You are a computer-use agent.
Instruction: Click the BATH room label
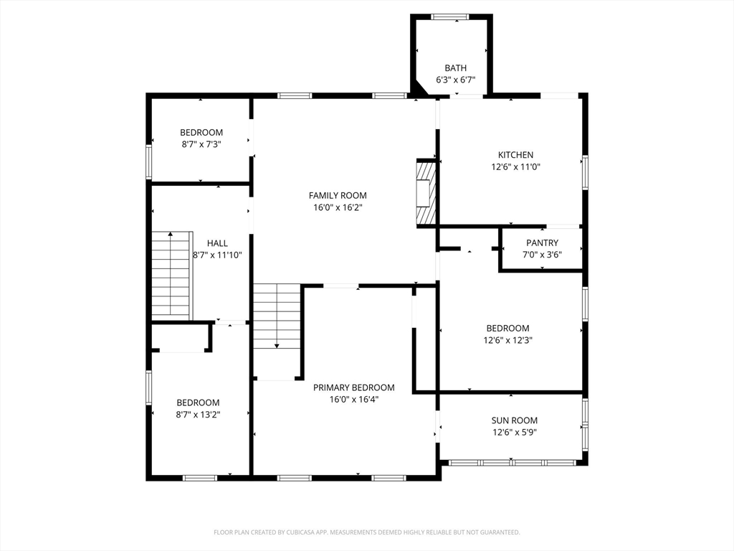coord(455,68)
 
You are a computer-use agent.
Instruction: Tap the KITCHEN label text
coord(515,155)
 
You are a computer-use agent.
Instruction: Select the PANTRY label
coord(542,242)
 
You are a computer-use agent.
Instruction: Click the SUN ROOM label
coord(515,420)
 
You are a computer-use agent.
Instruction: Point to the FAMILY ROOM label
coord(338,195)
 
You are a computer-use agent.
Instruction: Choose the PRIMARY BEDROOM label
coord(354,387)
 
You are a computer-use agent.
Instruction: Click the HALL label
coord(217,243)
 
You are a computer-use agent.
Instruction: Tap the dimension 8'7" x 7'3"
coord(201,144)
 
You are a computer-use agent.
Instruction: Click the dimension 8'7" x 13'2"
coord(198,414)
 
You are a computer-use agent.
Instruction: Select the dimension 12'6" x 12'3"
coord(508,340)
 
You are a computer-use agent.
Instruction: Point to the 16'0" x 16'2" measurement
coord(338,207)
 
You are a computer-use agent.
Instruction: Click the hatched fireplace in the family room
coord(426,194)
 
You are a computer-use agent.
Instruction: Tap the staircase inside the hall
coord(172,275)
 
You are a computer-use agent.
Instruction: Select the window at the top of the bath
coord(450,17)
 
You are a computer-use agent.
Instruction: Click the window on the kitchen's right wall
coord(585,172)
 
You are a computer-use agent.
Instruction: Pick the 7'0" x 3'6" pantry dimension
coord(542,255)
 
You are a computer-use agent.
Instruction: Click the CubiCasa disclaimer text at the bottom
coord(367,532)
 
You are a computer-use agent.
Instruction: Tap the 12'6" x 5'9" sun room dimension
coord(515,432)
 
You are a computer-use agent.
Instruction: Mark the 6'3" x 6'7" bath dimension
coord(455,80)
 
